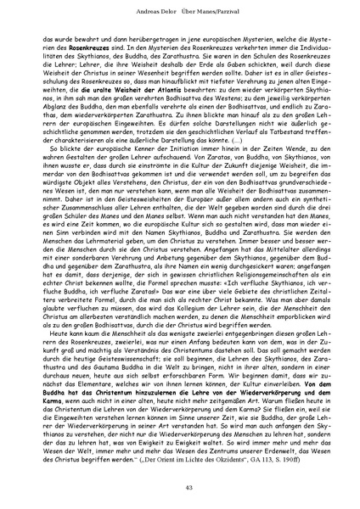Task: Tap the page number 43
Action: [180, 485]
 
